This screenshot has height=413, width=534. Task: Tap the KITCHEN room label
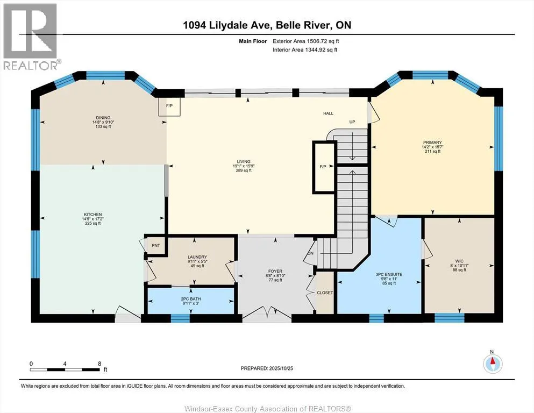tap(92, 215)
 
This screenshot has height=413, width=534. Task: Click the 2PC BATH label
tap(190, 298)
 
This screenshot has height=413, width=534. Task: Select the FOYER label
tap(275, 271)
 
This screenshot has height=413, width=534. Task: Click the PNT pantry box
tap(156, 245)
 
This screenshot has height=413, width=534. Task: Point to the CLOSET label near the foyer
tap(325, 293)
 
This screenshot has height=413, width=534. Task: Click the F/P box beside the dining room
tap(169, 106)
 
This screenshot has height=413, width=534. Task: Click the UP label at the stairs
tap(353, 122)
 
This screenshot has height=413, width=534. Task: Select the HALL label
tap(329, 113)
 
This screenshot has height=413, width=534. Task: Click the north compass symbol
tap(492, 363)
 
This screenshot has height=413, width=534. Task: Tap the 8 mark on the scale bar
tap(99, 363)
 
